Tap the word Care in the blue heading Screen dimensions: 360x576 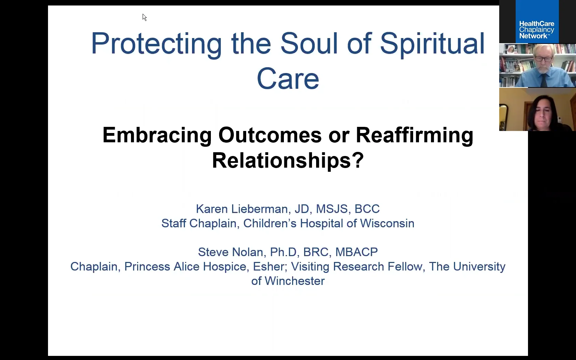pyautogui.click(x=288, y=79)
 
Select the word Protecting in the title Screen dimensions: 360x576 pyautogui.click(x=156, y=44)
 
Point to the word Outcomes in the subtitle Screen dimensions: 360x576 pyautogui.click(x=270, y=135)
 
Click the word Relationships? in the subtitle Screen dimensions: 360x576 pyautogui.click(x=288, y=160)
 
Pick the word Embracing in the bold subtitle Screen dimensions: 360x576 pyautogui.click(x=157, y=135)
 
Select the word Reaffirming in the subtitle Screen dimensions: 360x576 pyautogui.click(x=414, y=135)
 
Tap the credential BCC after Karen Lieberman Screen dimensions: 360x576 pyautogui.click(x=367, y=209)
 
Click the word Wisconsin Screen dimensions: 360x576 pyautogui.click(x=387, y=224)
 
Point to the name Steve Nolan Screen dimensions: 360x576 pyautogui.click(x=230, y=252)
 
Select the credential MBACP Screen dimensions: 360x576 pyautogui.click(x=356, y=252)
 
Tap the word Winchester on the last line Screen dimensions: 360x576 pyautogui.click(x=295, y=281)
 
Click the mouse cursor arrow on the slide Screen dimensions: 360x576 pyautogui.click(x=144, y=17)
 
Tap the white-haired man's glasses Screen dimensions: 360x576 pyautogui.click(x=543, y=59)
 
